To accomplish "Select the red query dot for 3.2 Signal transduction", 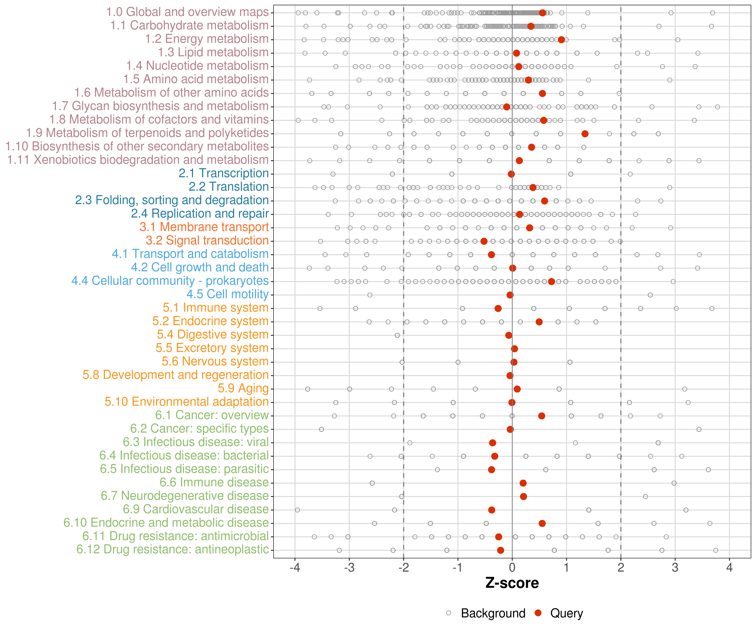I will [484, 241].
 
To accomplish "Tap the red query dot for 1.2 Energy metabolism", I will [561, 40].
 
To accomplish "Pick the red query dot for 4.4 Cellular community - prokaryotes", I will [551, 282].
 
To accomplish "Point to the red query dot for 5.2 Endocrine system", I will [539, 322].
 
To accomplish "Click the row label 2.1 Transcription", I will [224, 173].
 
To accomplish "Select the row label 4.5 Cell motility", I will [227, 294].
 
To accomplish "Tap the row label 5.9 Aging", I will [243, 388].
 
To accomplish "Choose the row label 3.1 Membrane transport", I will [204, 227].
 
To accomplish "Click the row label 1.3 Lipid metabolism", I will [213, 52].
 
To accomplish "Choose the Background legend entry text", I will [493, 613].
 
